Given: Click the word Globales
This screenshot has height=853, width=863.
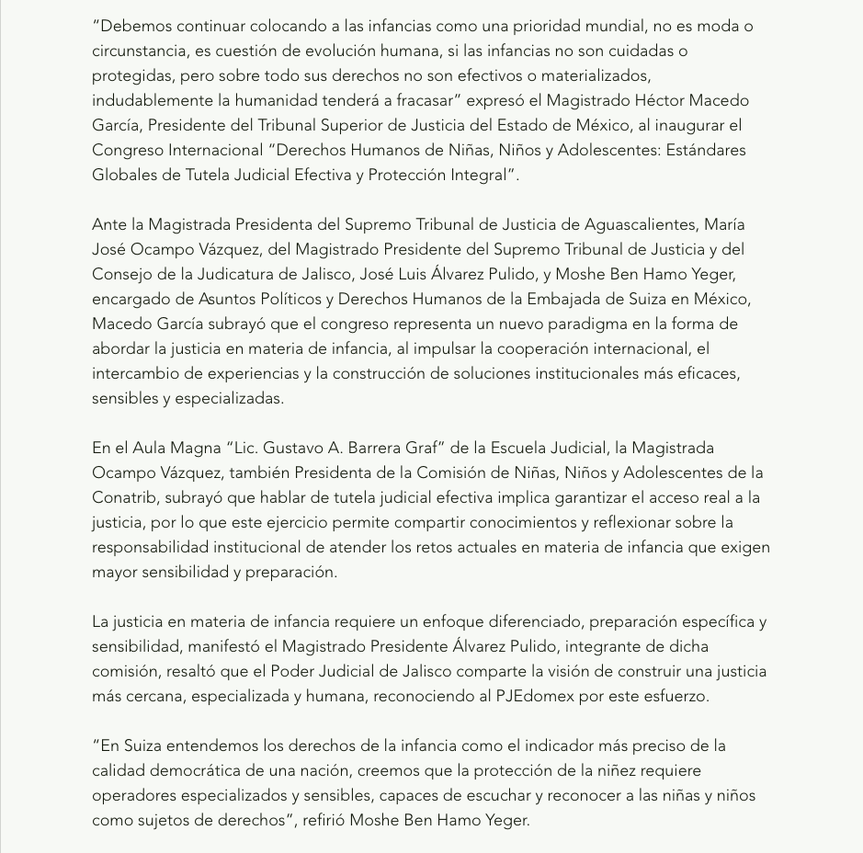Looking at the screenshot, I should (126, 175).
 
